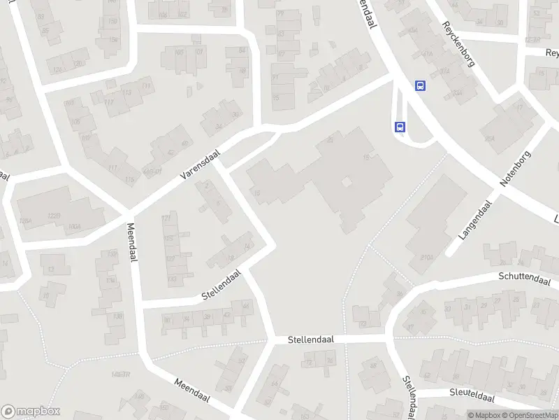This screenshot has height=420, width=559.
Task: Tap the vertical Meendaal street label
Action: [x=131, y=242]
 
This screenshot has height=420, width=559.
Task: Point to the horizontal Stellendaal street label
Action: [x=311, y=339]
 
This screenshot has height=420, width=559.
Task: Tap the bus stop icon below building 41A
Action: [x=420, y=86]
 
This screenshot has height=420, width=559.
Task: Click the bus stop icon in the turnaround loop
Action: [x=400, y=127]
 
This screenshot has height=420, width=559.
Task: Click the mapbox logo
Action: [x=31, y=412]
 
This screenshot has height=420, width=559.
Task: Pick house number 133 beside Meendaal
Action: [x=110, y=280]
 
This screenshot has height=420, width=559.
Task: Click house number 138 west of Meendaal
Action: [x=117, y=316]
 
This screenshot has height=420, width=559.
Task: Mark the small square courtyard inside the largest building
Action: [x=346, y=182]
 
